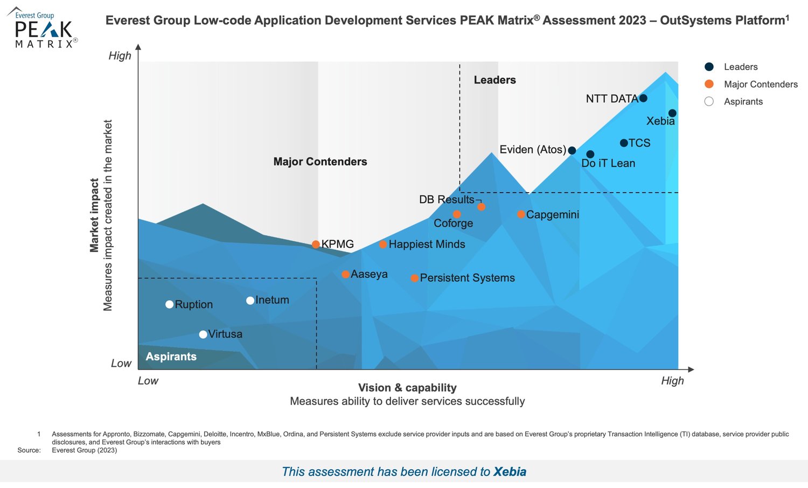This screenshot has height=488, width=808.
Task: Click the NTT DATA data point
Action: click(643, 98)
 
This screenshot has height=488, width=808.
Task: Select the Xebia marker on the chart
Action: click(672, 113)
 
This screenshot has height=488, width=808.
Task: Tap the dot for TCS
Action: click(624, 143)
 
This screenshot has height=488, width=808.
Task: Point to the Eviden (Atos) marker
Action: click(572, 150)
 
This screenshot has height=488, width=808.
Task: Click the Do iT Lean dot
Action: click(590, 155)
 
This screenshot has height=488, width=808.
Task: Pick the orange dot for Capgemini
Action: click(521, 214)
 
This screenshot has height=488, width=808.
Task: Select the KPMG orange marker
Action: click(316, 245)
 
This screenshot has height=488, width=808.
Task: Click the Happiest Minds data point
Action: click(383, 245)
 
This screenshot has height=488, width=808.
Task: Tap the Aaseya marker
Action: click(345, 274)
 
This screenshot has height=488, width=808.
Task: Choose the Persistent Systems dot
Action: click(414, 278)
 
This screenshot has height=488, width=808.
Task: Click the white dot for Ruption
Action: click(169, 304)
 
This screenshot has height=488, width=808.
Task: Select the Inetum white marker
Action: click(250, 301)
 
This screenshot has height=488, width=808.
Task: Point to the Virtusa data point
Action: click(203, 334)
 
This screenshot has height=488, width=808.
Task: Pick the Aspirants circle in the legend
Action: click(709, 101)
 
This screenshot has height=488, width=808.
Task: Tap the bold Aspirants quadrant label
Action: click(171, 357)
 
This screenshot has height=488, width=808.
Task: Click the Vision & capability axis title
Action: click(407, 388)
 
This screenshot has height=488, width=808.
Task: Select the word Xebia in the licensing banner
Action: click(510, 472)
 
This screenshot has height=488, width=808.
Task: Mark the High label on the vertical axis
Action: click(120, 56)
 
